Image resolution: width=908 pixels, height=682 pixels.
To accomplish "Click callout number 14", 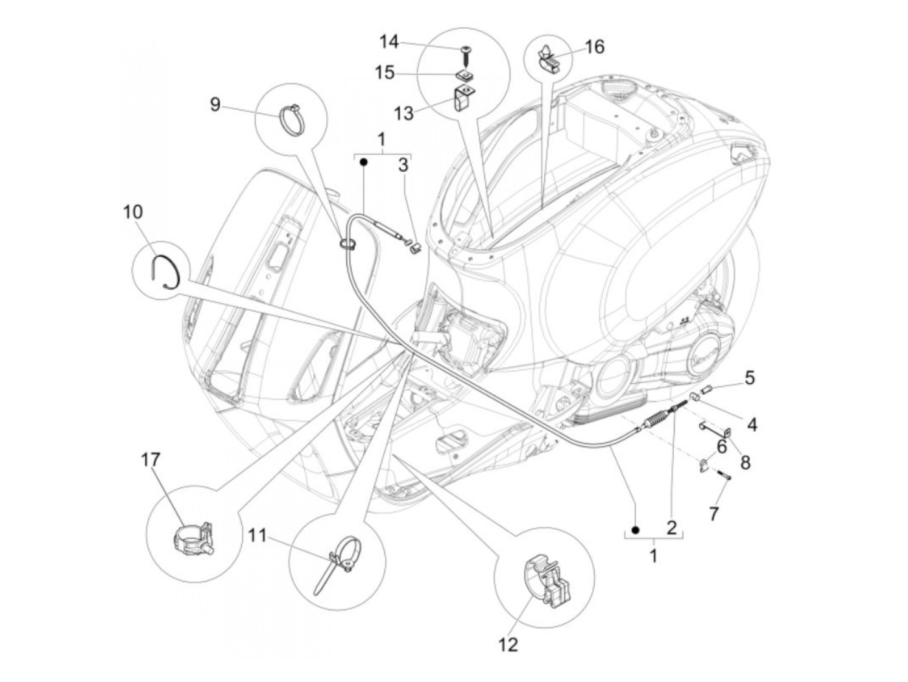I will click(388, 43).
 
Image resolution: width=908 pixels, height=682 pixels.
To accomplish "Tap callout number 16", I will click(594, 47).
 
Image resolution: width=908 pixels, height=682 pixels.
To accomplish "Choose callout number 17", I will click(150, 460).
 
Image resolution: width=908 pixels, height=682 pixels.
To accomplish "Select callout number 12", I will click(509, 645).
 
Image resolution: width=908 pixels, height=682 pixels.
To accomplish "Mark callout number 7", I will click(713, 514).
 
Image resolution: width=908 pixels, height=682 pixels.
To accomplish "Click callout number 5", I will click(749, 377).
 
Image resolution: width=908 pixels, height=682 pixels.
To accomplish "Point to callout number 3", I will click(403, 165).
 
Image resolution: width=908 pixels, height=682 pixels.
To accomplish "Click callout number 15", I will click(385, 72).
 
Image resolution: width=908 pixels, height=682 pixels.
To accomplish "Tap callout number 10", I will click(132, 212).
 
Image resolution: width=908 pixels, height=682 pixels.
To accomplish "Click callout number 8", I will click(745, 462).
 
